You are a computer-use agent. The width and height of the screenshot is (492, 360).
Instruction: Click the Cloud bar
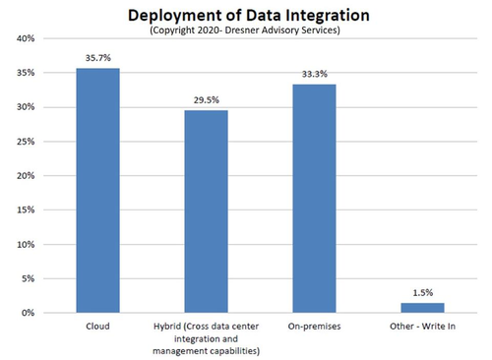pyautogui.click(x=97, y=190)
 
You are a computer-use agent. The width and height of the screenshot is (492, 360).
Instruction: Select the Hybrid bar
pyautogui.click(x=206, y=211)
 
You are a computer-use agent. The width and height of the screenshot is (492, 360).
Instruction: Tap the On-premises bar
pyautogui.click(x=314, y=199)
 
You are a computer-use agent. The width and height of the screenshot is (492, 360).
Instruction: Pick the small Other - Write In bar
pyautogui.click(x=422, y=308)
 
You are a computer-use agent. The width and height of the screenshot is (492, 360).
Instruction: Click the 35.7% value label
pyautogui.click(x=98, y=58)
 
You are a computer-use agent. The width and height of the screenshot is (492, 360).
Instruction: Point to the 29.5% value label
pyautogui.click(x=207, y=100)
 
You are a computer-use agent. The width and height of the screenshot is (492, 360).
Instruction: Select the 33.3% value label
pyautogui.click(x=315, y=74)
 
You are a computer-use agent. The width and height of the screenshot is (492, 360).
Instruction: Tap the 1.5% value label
pyautogui.click(x=423, y=292)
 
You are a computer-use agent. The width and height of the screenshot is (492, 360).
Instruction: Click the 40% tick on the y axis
pyautogui.click(x=26, y=38)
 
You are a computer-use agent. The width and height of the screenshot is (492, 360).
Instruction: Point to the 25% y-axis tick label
pyautogui.click(x=26, y=142)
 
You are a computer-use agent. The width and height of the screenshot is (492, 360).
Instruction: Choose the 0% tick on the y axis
pyautogui.click(x=29, y=313)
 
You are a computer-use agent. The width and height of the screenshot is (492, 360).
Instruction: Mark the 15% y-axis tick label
pyautogui.click(x=26, y=210)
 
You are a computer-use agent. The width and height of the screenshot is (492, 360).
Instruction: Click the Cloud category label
pyautogui.click(x=97, y=327)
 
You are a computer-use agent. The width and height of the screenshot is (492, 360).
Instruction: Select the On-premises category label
pyautogui.click(x=314, y=327)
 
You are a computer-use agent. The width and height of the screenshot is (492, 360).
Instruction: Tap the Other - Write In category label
pyautogui.click(x=422, y=327)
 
